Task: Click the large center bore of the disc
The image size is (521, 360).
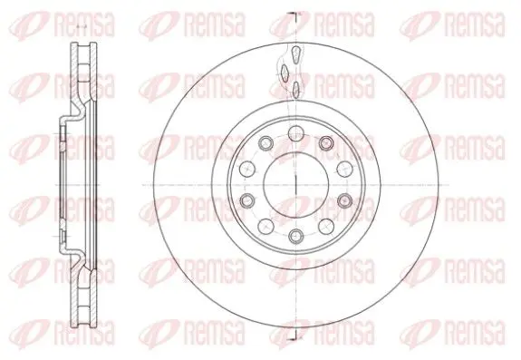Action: click(295, 185)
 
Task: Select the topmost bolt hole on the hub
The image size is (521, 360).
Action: click(295, 134)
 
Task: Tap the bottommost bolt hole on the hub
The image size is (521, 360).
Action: click(295, 236)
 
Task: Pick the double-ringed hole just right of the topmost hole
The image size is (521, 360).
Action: click(325, 142)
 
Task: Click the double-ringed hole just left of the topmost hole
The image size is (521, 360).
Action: click(265, 143)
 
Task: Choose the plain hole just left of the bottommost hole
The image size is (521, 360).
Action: click(265, 227)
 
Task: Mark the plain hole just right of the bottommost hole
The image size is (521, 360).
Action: click(326, 227)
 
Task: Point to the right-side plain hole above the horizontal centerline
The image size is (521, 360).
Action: click(344, 170)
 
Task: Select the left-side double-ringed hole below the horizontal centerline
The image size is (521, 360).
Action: click(247, 200)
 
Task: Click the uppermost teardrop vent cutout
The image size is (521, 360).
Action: click(295, 54)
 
